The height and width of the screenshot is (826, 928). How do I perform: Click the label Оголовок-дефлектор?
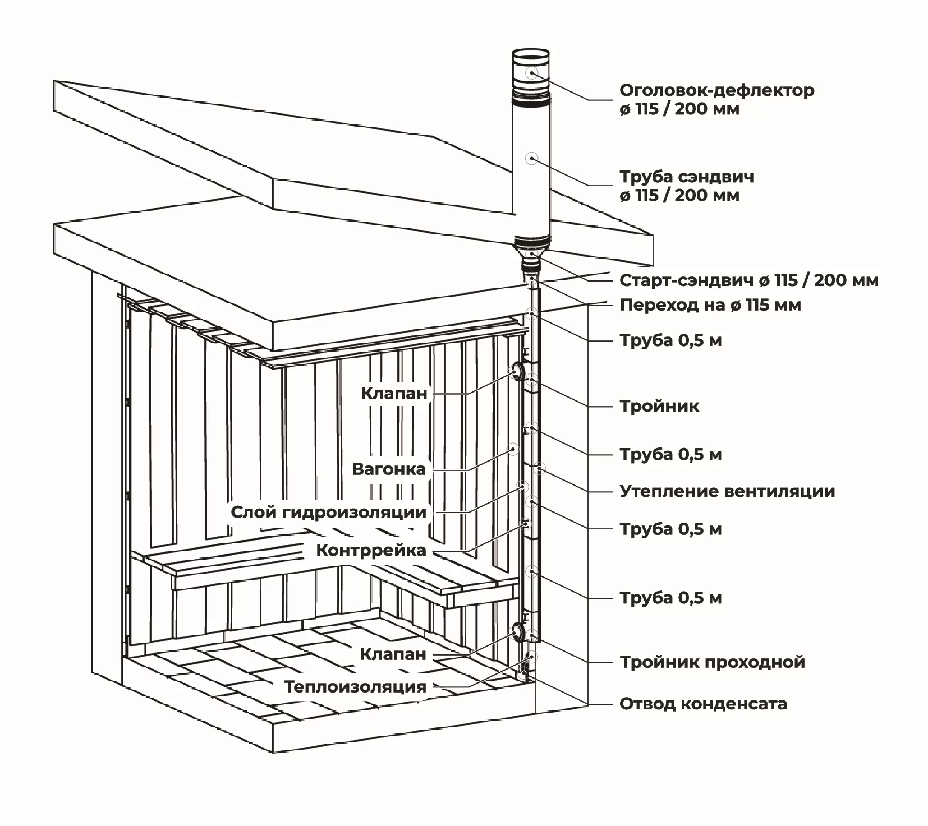click(x=716, y=91)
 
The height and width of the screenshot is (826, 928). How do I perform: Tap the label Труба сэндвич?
click(x=687, y=177)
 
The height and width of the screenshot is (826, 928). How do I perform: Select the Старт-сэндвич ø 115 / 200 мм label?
click(x=748, y=280)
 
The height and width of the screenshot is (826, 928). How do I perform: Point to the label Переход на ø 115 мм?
click(x=710, y=306)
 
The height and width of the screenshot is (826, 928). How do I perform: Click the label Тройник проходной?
click(x=712, y=662)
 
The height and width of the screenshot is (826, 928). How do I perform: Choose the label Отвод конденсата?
click(x=703, y=704)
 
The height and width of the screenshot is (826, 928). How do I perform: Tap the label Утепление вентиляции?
click(x=727, y=492)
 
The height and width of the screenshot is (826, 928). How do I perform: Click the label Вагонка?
click(x=389, y=469)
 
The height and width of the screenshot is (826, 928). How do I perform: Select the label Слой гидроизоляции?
click(x=329, y=513)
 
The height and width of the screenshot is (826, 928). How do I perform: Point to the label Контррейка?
click(x=371, y=551)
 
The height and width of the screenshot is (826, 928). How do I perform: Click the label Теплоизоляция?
click(x=355, y=687)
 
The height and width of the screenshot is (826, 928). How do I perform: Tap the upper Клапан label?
click(x=394, y=394)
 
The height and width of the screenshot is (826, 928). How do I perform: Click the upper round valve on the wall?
click(x=515, y=371)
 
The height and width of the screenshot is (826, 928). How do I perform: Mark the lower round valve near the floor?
click(x=515, y=633)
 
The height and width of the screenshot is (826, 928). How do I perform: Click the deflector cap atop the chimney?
click(x=531, y=73)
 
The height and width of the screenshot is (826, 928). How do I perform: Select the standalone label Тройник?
click(x=659, y=407)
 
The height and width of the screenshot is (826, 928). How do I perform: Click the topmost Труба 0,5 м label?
click(x=670, y=341)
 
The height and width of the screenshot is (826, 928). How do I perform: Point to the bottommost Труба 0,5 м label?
click(x=670, y=598)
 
